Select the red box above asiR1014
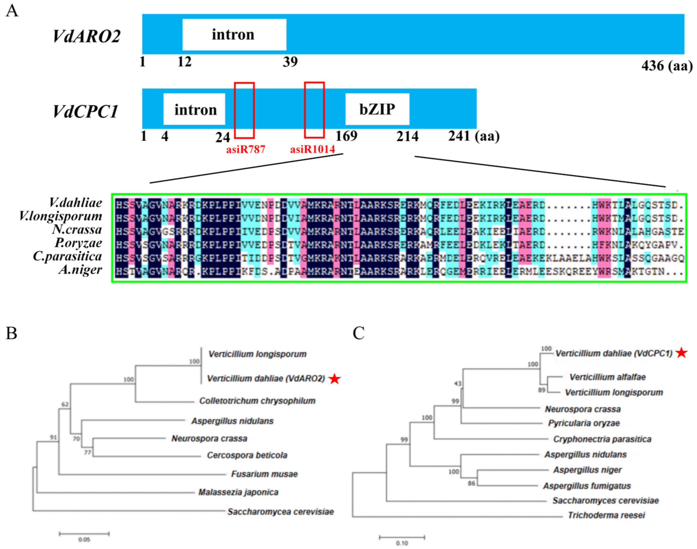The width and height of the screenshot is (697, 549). coord(314,110)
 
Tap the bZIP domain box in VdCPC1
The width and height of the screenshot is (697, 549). coord(377,109)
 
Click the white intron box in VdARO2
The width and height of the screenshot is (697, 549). coord(234,34)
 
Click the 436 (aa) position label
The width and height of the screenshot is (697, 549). coord(667,66)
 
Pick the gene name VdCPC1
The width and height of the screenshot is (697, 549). coord(85,111)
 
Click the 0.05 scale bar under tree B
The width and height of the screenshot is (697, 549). coord(84,534)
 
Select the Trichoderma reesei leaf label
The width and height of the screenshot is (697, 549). coord(606,515)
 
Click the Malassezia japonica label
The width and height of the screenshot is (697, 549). coord(238,492)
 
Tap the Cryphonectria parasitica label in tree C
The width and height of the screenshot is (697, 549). coord(602,439)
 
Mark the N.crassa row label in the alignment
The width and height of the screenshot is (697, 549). coord(77,229)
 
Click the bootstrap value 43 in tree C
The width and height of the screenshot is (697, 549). coord(457,383)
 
